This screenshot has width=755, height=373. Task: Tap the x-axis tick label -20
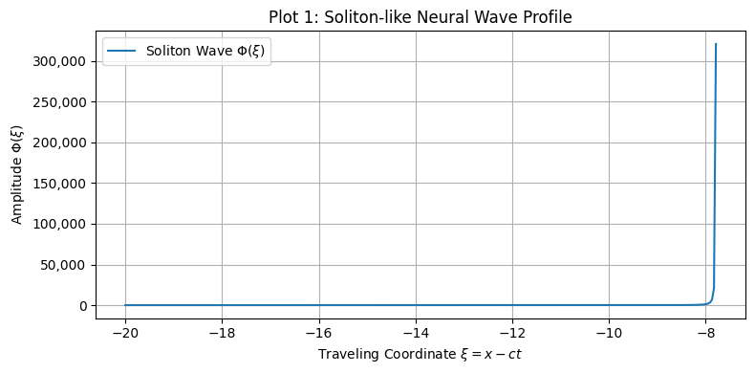[x=124, y=332]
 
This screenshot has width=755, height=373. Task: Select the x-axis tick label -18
[x=221, y=332]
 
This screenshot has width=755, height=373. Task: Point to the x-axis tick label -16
[x=318, y=332]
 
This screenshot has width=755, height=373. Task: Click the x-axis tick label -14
[x=415, y=332]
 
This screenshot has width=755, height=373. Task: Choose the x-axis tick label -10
[x=609, y=332]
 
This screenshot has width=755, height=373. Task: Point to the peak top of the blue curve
[x=716, y=44]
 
